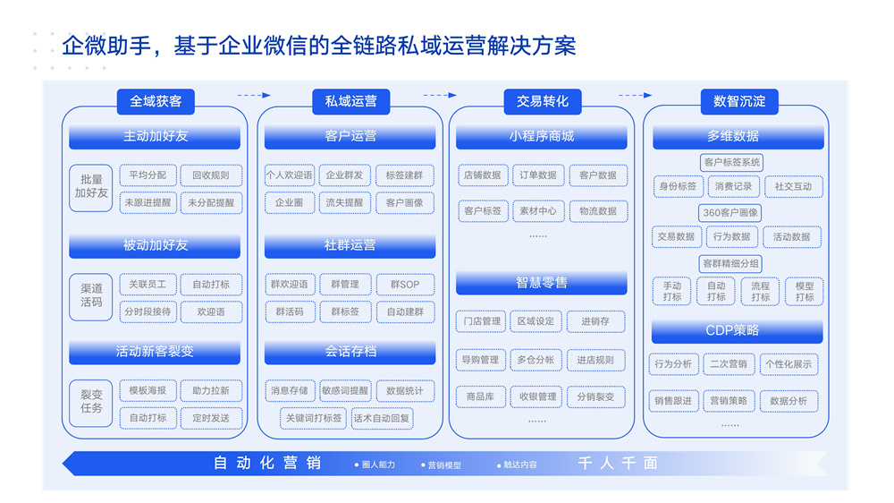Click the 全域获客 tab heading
pyautogui.click(x=156, y=102)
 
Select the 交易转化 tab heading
pyautogui.click(x=543, y=102)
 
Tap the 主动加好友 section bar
pyautogui.click(x=155, y=136)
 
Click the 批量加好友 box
pyautogui.click(x=91, y=188)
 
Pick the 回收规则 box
pyautogui.click(x=211, y=175)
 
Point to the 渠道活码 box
pyautogui.click(x=91, y=296)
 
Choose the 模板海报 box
pyautogui.click(x=148, y=390)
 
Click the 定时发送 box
pyautogui.click(x=211, y=418)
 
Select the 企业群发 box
pyautogui.click(x=344, y=175)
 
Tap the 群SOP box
pyautogui.click(x=405, y=285)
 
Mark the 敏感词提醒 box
pyautogui.click(x=345, y=390)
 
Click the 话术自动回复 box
pyautogui.click(x=382, y=419)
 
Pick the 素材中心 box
pyautogui.click(x=537, y=211)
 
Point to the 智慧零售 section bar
pyautogui.click(x=542, y=283)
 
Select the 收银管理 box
pyautogui.click(x=537, y=396)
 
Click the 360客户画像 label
pyautogui.click(x=730, y=213)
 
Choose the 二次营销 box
pyautogui.click(x=729, y=364)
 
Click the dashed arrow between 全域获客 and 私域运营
pyautogui.click(x=254, y=96)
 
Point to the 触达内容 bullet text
pyautogui.click(x=517, y=465)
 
